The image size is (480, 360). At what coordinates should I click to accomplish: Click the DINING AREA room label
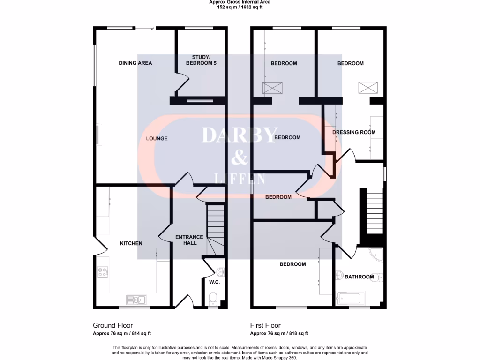pyautogui.click(x=135, y=63)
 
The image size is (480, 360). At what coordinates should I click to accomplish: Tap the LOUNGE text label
pyautogui.click(x=157, y=139)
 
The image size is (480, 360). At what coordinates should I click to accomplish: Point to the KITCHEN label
pyautogui.click(x=131, y=243)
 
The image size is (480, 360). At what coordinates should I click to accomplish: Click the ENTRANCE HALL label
pyautogui.click(x=189, y=240)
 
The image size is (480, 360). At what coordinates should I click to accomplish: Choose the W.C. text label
pyautogui.click(x=214, y=282)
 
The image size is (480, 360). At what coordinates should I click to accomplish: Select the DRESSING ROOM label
pyautogui.click(x=354, y=132)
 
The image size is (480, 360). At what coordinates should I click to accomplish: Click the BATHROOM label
pyautogui.click(x=360, y=277)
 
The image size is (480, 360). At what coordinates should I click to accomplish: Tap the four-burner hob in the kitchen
pyautogui.click(x=102, y=271)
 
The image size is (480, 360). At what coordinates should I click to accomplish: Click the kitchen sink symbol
pyautogui.click(x=136, y=299)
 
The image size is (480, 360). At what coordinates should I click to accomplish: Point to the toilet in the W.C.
pyautogui.click(x=213, y=297)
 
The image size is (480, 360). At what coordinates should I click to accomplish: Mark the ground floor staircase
pyautogui.click(x=216, y=230)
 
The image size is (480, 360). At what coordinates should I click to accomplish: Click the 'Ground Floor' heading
pyautogui.click(x=112, y=325)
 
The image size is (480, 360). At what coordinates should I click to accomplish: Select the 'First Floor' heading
pyautogui.click(x=265, y=325)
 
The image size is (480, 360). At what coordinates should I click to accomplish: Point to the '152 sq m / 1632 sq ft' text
pyautogui.click(x=240, y=7)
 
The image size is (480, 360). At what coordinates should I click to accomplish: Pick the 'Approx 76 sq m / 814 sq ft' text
pyautogui.click(x=122, y=334)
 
